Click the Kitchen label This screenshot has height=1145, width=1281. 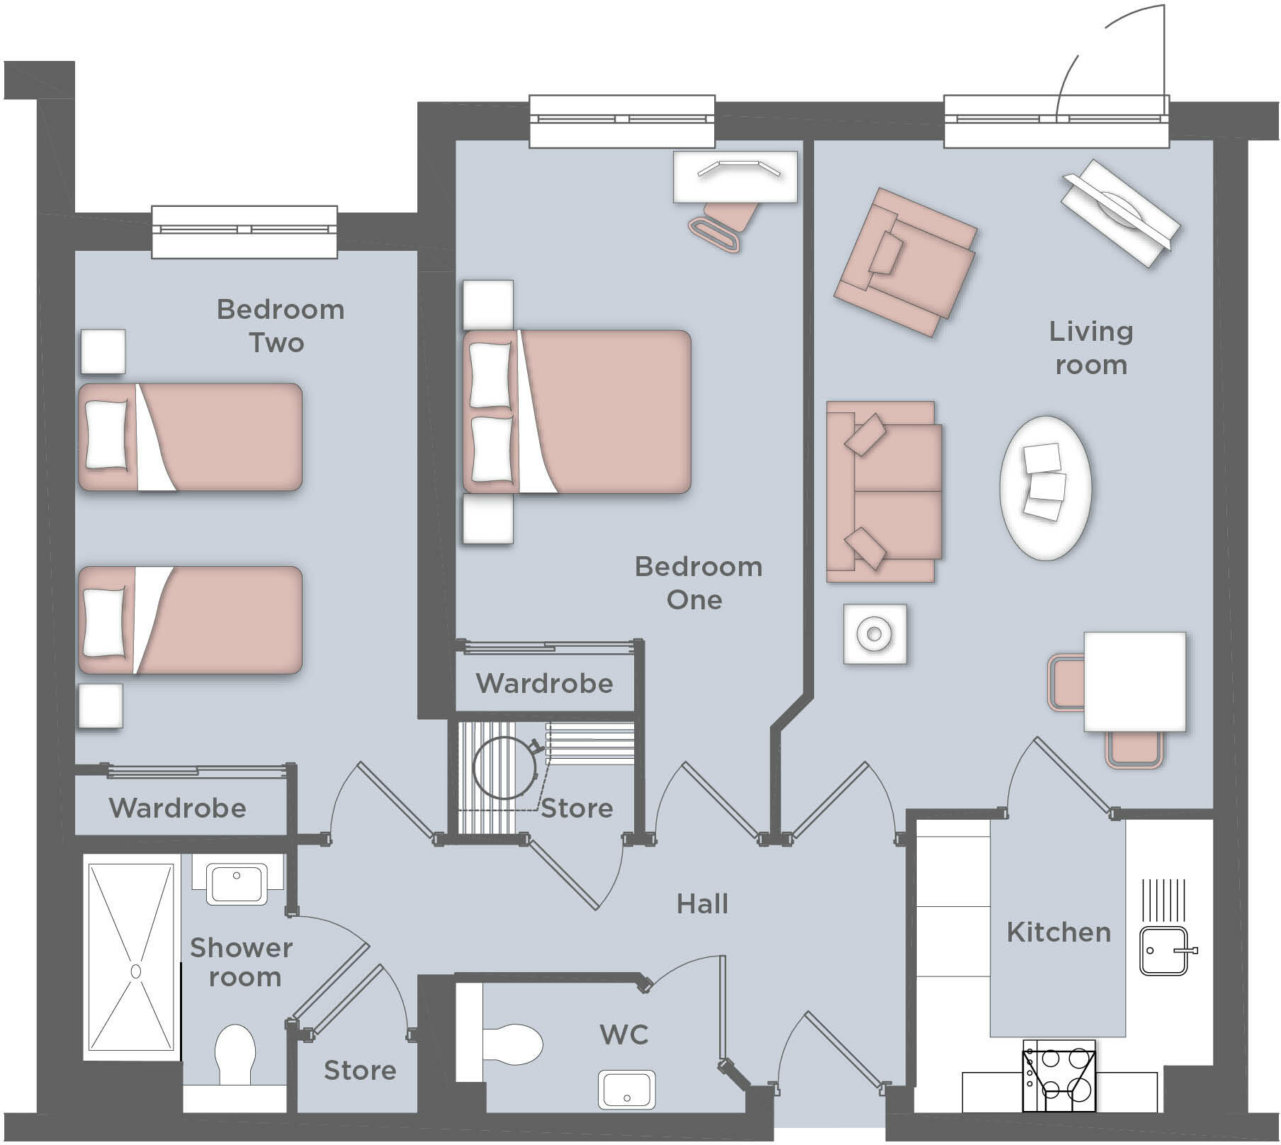click(1059, 932)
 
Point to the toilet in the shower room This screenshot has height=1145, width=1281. click(235, 1054)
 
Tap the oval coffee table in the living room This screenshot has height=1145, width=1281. click(1045, 488)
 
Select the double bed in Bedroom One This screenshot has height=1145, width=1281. click(577, 412)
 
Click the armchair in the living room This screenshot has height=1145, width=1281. click(905, 261)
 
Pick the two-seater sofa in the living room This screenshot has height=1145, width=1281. click(884, 492)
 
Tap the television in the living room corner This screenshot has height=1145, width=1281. click(1120, 212)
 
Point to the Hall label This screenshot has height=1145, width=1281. click(701, 904)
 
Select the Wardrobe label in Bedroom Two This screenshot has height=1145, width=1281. click(177, 808)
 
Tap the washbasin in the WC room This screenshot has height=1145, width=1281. click(626, 1089)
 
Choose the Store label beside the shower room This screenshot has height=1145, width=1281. click(360, 1070)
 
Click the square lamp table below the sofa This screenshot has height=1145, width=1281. click(874, 633)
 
